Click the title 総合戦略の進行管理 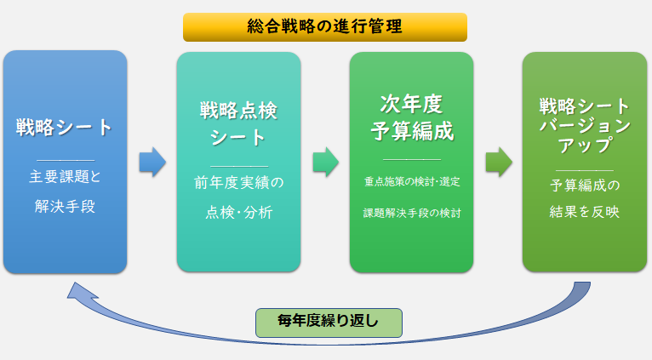[x=324, y=26]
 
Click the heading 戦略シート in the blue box [x=65, y=128]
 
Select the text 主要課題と [x=65, y=178]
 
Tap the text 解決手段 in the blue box [x=65, y=204]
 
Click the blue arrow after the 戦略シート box [x=152, y=162]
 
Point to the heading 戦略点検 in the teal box [x=238, y=111]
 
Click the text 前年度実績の [x=238, y=181]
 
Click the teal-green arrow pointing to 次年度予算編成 [x=325, y=162]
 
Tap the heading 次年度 [x=411, y=105]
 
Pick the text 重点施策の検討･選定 [x=411, y=181]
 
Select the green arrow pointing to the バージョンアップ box [x=498, y=162]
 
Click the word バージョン [x=585, y=126]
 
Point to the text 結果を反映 [x=585, y=212]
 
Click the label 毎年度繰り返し [x=329, y=322]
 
